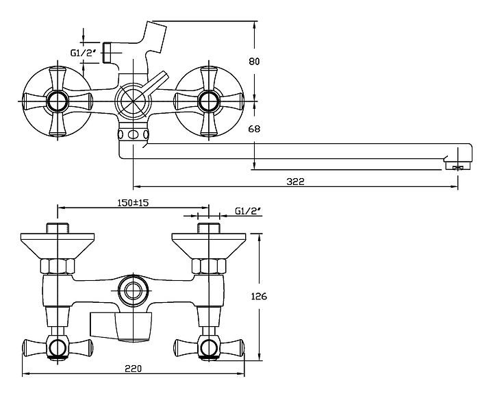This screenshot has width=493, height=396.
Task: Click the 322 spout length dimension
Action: (x=296, y=181)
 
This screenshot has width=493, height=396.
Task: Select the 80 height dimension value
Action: (x=254, y=62)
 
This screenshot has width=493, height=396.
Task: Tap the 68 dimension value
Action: (x=254, y=129)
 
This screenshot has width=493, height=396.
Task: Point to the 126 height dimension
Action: (x=258, y=297)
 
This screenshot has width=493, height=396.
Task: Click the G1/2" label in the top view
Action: (x=86, y=52)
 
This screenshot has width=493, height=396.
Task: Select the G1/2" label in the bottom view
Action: (x=249, y=211)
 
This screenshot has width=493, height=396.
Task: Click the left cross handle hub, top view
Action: (x=55, y=103)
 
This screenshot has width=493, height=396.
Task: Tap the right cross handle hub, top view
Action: (x=207, y=103)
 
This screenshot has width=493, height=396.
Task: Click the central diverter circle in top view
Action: (x=131, y=103)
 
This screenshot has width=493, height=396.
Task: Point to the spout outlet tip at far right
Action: (x=457, y=165)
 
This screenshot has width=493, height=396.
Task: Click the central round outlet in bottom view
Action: (x=131, y=290)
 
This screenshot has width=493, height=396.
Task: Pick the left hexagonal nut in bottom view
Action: (x=58, y=266)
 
